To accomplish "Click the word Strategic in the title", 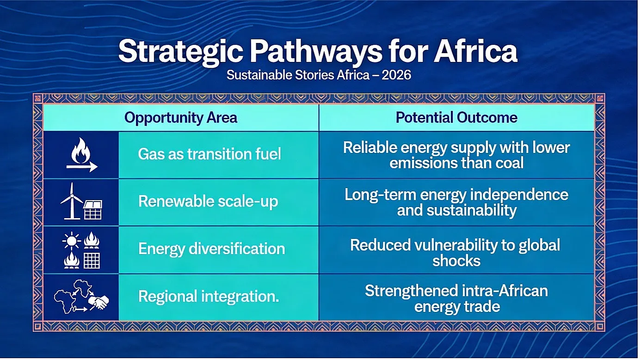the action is [180, 51].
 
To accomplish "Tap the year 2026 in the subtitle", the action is [396, 75].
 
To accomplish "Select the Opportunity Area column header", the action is [180, 118].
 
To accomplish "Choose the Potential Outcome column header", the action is [456, 118].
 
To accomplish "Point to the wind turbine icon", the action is [72, 201].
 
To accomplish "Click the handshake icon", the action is [98, 302].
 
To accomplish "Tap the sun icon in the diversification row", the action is [71, 241].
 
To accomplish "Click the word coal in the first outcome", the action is [510, 163].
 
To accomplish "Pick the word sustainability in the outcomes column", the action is [472, 211].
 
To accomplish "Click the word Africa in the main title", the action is [475, 51].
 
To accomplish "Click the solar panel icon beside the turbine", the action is [92, 210].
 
